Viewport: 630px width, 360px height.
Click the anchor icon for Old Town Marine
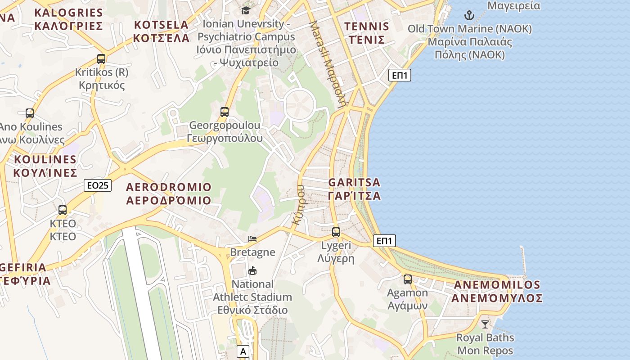click(469, 16)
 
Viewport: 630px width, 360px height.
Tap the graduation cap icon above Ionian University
click(246, 10)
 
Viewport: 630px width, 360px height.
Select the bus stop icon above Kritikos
click(101, 58)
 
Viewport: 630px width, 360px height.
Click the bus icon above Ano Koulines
click(30, 113)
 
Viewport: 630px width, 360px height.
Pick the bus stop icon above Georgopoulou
click(225, 112)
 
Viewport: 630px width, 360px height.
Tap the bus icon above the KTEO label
click(63, 210)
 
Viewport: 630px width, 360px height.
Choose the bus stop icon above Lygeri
click(336, 232)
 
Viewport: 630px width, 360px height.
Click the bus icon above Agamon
click(408, 279)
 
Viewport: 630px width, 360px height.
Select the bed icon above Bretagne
click(252, 238)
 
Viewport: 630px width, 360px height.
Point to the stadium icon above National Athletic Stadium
click(252, 270)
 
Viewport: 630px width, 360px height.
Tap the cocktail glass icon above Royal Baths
click(485, 324)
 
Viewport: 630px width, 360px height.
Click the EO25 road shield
click(98, 185)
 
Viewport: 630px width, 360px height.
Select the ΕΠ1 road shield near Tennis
click(400, 75)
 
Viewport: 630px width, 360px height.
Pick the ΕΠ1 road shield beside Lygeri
click(384, 241)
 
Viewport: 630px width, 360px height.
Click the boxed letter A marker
click(243, 351)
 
